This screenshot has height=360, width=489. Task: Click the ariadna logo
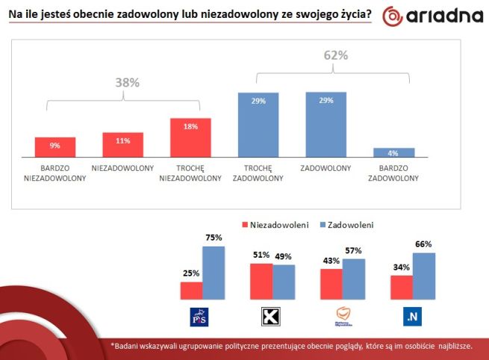[x=429, y=17]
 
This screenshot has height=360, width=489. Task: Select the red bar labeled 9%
[x=54, y=147]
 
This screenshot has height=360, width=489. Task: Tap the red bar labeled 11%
[x=122, y=145]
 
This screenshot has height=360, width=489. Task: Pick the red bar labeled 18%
[x=190, y=137]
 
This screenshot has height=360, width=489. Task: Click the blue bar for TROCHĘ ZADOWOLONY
[x=258, y=125]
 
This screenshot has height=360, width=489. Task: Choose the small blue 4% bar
[x=393, y=152]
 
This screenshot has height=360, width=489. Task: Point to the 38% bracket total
[x=127, y=83]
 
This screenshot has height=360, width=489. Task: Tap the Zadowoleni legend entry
[x=344, y=224]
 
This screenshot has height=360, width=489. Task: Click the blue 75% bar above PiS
[x=214, y=273]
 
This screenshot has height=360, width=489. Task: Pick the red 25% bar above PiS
[x=191, y=291]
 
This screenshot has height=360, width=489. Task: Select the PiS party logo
[x=202, y=317]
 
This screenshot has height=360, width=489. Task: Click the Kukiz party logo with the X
[x=271, y=317]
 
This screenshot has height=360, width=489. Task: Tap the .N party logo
[x=412, y=317]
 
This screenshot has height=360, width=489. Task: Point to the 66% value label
[x=424, y=244]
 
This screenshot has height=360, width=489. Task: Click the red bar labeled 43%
[x=331, y=285]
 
